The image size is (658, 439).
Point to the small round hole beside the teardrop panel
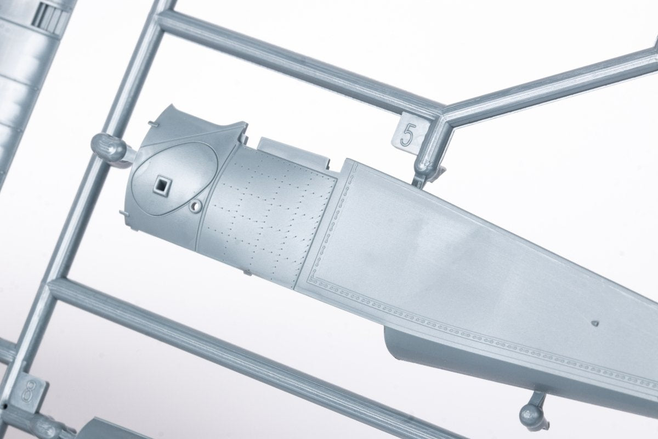pos(195,206)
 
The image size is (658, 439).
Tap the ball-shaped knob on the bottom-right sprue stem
pos(531,416)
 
